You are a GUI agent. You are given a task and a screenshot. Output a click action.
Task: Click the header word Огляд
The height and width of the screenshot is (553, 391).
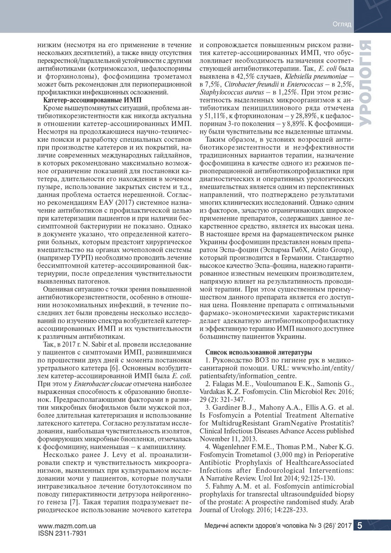coord(342,24)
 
